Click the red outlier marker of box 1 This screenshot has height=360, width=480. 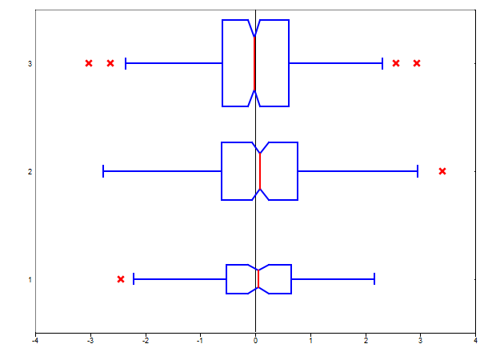[x=121, y=279]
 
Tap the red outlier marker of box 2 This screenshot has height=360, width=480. [x=442, y=171]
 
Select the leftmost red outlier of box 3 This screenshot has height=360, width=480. [x=89, y=63]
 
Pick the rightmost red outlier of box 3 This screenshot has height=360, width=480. [x=417, y=63]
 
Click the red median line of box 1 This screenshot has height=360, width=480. [x=258, y=279]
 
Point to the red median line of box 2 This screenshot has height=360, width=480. [x=260, y=171]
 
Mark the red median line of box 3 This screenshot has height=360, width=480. [x=254, y=63]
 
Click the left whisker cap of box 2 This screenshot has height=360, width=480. [x=103, y=171]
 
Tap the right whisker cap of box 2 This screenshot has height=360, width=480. [x=418, y=171]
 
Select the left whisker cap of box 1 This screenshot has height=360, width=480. [x=134, y=279]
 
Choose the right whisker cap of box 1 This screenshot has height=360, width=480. [x=374, y=279]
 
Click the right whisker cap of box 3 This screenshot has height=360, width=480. [x=382, y=63]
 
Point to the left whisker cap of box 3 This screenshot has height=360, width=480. [x=126, y=63]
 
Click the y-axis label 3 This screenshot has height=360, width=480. [x=30, y=64]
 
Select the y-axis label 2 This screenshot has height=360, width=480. [x=30, y=172]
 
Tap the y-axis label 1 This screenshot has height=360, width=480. [x=30, y=279]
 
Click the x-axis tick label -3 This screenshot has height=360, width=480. [x=90, y=341]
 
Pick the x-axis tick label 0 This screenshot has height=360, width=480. [x=256, y=341]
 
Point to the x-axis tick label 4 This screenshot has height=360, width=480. [x=475, y=341]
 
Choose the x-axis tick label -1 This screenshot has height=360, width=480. [x=200, y=341]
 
